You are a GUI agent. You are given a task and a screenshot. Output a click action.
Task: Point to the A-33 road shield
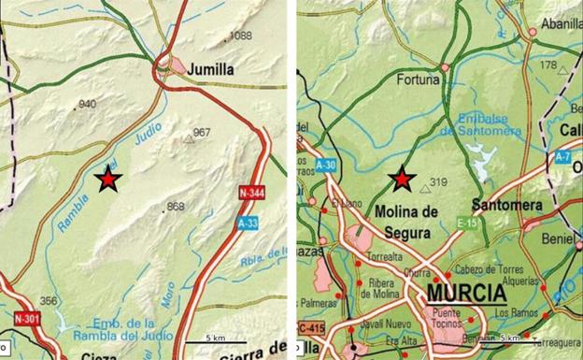click(x=248, y=223)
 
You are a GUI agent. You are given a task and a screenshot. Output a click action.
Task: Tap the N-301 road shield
click(x=27, y=319)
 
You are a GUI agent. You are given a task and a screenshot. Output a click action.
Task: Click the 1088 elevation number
click(x=241, y=36)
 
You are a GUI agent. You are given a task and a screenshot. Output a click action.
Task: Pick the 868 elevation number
click(x=175, y=207)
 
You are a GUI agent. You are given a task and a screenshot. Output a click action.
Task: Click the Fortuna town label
click(x=418, y=80)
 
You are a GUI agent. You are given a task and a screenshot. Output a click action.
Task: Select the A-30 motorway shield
click(x=325, y=165)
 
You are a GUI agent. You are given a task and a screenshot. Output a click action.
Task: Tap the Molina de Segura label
click(x=406, y=219)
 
